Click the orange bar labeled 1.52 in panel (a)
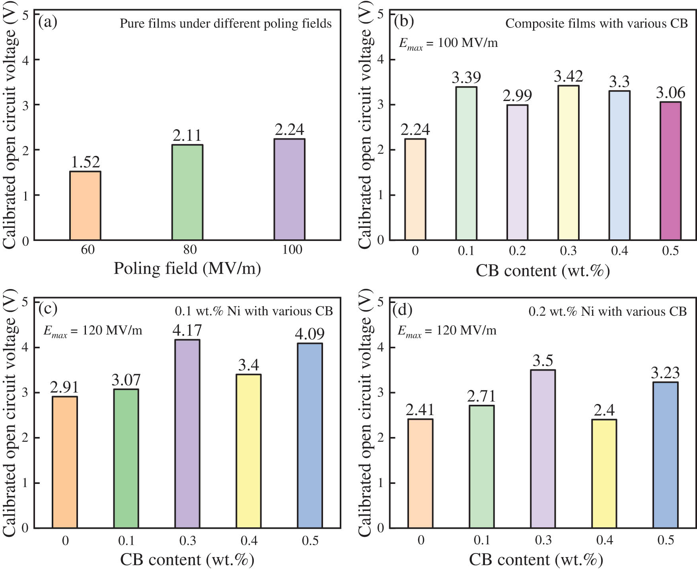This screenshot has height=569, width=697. point(85,206)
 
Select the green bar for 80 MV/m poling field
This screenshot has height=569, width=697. point(187,192)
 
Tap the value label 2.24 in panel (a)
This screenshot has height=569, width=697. point(289,130)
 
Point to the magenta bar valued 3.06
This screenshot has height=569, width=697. point(670,171)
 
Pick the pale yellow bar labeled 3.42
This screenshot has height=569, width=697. point(568,163)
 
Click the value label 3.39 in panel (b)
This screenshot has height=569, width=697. point(466,77)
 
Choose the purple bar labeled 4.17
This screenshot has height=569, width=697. point(187,434)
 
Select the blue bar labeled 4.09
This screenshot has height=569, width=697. point(310,435)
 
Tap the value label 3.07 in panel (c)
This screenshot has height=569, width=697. point(126,380)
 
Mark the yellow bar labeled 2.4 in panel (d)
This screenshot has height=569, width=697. point(604,474)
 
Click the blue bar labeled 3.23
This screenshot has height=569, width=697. point(666,455)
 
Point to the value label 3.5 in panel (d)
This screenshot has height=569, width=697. point(543,361)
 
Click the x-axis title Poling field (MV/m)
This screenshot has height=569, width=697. point(187,268)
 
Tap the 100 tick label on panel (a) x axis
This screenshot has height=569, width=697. point(292,250)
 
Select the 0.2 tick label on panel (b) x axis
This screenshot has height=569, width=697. point(517,251)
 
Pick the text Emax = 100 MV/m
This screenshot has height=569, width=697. point(448,43)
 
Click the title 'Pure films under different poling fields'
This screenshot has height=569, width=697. point(226,23)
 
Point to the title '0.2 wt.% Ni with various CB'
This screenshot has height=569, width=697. point(607,311)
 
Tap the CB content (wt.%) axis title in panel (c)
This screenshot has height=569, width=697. point(187,559)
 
